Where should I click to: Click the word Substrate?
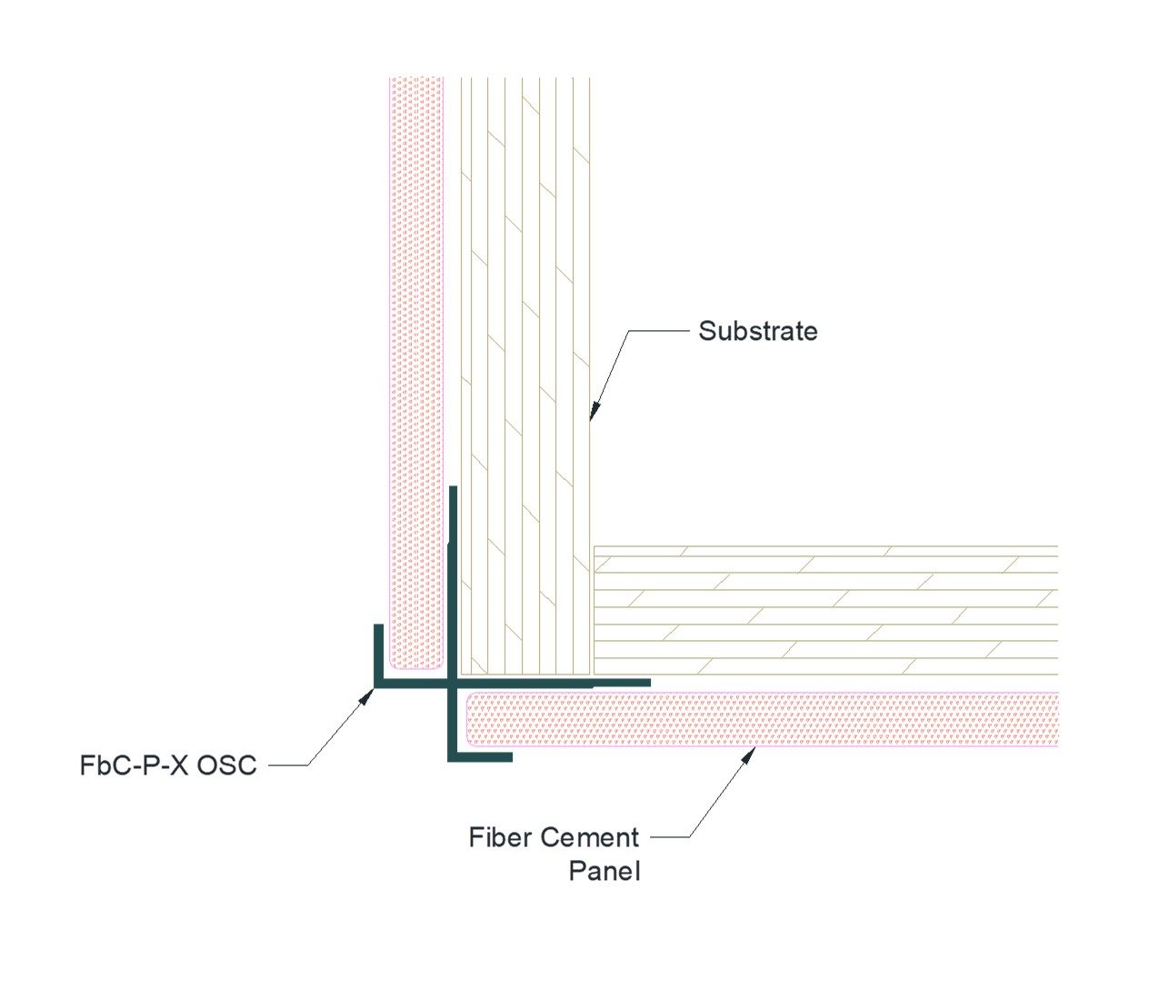pos(757,331)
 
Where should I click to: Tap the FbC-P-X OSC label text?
pos(168,765)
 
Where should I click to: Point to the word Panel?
pos(604,871)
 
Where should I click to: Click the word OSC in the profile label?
pos(227,765)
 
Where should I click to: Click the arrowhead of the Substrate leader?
pos(593,413)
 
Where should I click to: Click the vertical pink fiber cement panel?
pos(415,364)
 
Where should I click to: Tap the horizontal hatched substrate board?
pos(827,609)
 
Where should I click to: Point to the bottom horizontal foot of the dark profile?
pos(482,756)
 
